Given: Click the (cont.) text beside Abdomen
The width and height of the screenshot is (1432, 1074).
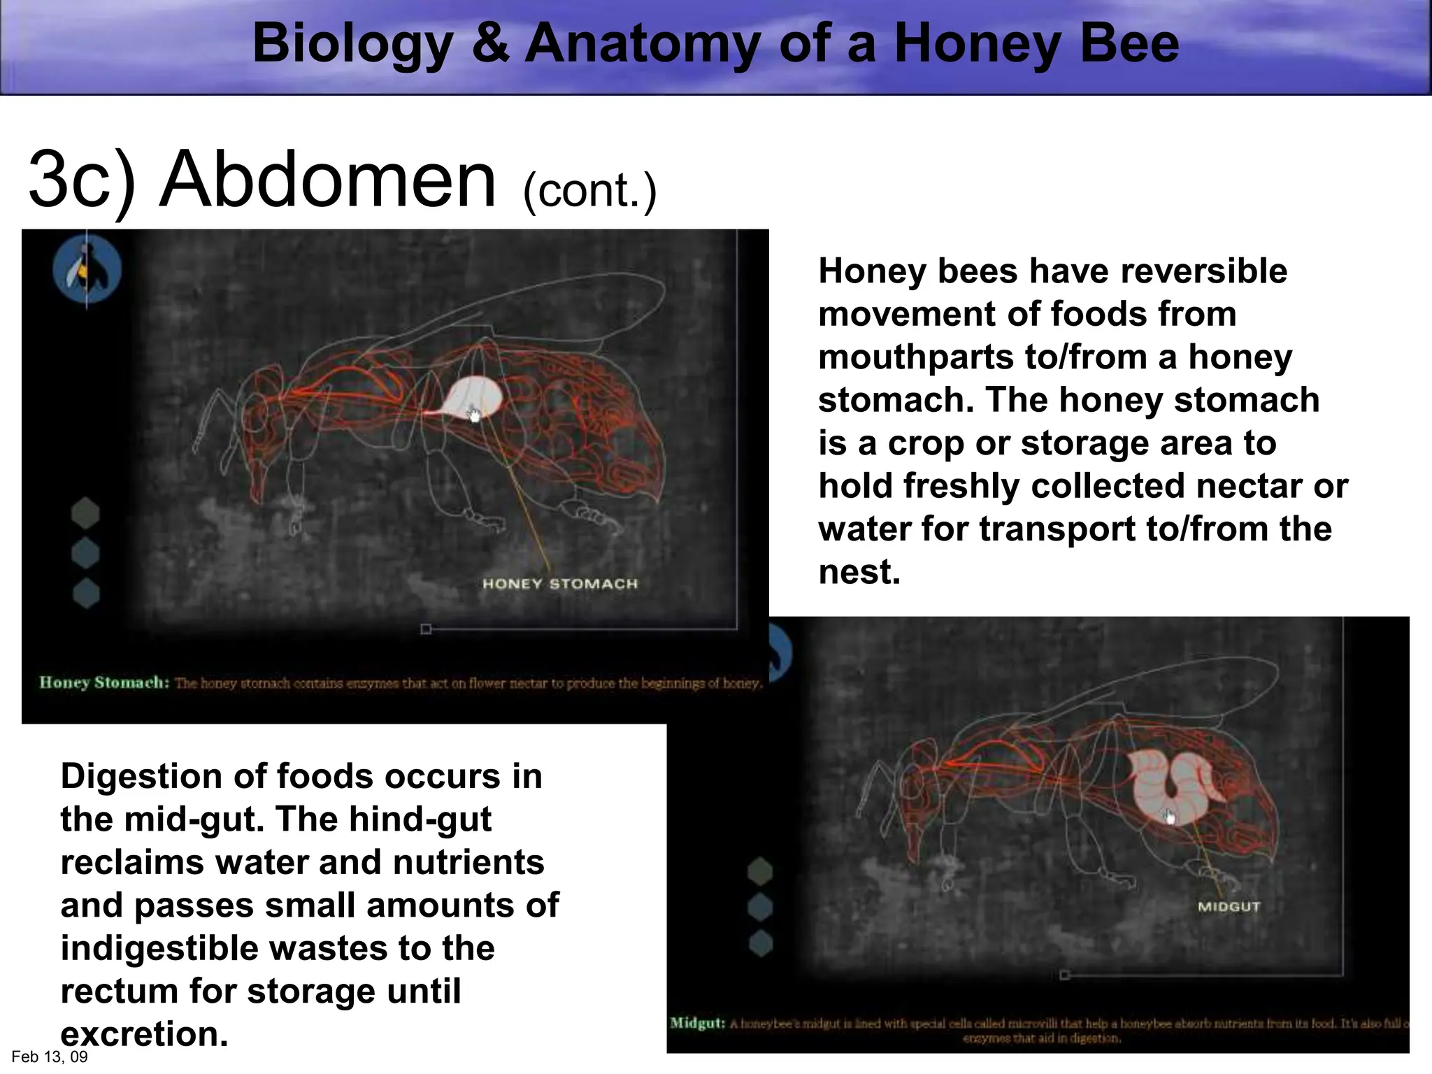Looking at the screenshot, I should point(589,190).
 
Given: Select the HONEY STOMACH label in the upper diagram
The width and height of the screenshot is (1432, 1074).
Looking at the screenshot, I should point(560,584).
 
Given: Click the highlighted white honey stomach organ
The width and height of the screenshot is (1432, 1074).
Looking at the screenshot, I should point(475,397).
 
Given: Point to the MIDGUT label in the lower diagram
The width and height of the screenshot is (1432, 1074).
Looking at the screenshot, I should point(1229,907).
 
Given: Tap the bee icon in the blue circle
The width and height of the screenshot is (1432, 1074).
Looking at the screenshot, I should point(87,270).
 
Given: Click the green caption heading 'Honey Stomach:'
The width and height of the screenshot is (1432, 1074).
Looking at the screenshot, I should point(104,682).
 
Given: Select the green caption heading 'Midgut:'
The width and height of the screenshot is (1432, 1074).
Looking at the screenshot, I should point(697,1023).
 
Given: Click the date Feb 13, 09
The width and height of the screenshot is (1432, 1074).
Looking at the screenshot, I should point(50,1057).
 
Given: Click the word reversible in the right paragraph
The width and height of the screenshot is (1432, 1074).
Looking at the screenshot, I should point(1203,271).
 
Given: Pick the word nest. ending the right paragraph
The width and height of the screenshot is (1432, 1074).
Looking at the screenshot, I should point(859,572).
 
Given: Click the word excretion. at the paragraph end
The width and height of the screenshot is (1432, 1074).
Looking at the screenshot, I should point(144,1034).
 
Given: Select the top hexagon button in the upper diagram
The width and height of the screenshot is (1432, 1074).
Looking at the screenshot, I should point(85,513).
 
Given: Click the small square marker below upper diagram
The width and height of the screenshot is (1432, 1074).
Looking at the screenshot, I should point(426,629).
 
